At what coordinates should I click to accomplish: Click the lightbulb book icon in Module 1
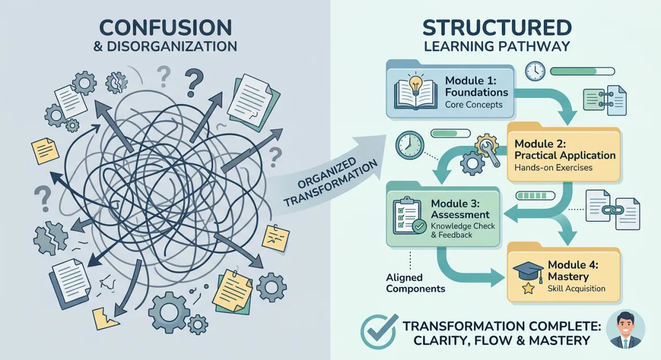click(x=416, y=90)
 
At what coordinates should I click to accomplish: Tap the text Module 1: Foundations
click(x=476, y=85)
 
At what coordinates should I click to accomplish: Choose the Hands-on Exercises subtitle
click(x=553, y=167)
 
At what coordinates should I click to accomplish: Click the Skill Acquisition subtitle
click(x=576, y=288)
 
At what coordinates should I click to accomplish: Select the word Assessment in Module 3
click(x=460, y=214)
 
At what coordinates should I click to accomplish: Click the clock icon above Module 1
click(x=534, y=71)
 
